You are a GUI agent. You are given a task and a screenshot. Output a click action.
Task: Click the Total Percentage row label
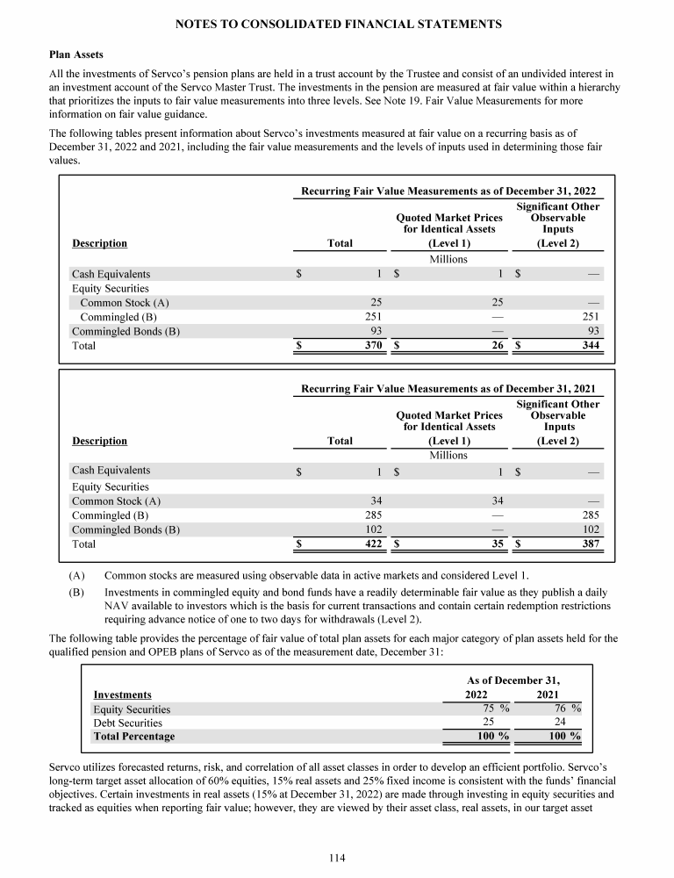pyautogui.click(x=133, y=736)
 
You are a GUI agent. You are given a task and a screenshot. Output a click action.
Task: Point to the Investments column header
pyautogui.click(x=122, y=694)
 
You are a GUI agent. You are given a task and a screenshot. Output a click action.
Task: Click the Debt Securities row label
pyautogui.click(x=127, y=723)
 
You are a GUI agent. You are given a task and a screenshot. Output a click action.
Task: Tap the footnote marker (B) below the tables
pyautogui.click(x=78, y=592)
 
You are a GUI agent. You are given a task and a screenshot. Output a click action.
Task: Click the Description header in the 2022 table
pyautogui.click(x=99, y=243)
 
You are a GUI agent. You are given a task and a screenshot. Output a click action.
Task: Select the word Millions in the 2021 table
pyautogui.click(x=448, y=455)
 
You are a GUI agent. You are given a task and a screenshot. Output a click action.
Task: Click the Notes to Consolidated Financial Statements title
pyautogui.click(x=338, y=25)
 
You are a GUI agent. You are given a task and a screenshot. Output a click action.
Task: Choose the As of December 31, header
pyautogui.click(x=515, y=680)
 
